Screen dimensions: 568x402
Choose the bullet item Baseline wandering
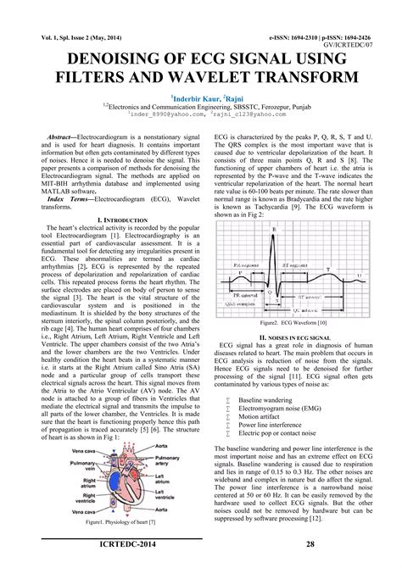(262, 398)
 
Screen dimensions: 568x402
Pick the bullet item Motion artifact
(259, 416)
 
